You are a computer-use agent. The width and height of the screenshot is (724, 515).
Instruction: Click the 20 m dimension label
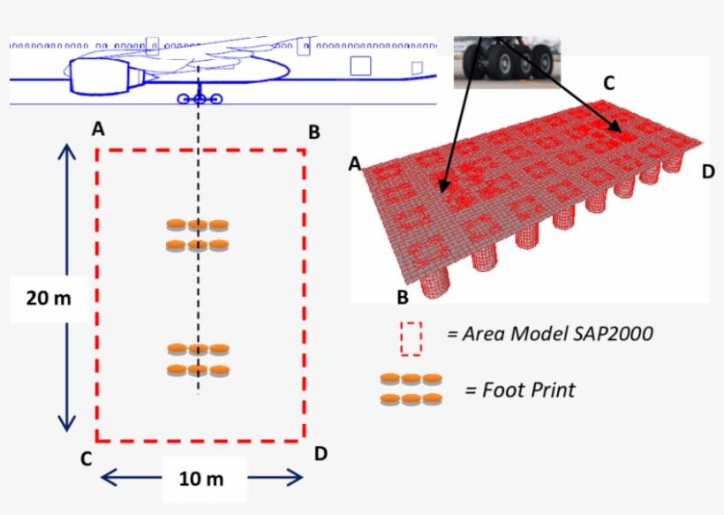pyautogui.click(x=49, y=298)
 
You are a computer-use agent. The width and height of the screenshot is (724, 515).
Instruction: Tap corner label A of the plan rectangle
pyautogui.click(x=98, y=129)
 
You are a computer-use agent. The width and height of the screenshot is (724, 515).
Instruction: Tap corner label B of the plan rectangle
pyautogui.click(x=313, y=133)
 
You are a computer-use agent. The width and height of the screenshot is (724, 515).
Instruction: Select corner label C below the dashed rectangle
pyautogui.click(x=86, y=458)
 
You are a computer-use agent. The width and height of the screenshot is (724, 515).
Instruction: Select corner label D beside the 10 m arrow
pyautogui.click(x=321, y=453)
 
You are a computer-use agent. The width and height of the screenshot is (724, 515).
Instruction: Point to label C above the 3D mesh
pyautogui.click(x=608, y=83)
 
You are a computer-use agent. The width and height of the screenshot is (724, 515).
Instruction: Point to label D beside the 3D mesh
pyautogui.click(x=707, y=171)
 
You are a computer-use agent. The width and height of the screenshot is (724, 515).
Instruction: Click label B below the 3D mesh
pyautogui.click(x=402, y=296)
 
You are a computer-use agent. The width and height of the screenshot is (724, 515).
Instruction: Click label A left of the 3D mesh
pyautogui.click(x=355, y=164)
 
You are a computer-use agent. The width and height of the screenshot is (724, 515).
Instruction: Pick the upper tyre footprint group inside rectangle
pyautogui.click(x=198, y=234)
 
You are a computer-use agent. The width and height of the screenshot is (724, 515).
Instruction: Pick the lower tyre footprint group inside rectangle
pyautogui.click(x=198, y=360)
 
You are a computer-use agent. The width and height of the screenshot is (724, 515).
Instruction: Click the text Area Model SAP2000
pyautogui.click(x=549, y=335)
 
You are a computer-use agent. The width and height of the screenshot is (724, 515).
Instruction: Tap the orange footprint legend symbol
pyautogui.click(x=411, y=389)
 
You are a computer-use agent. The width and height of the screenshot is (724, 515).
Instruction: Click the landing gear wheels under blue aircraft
pyautogui.click(x=200, y=99)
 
